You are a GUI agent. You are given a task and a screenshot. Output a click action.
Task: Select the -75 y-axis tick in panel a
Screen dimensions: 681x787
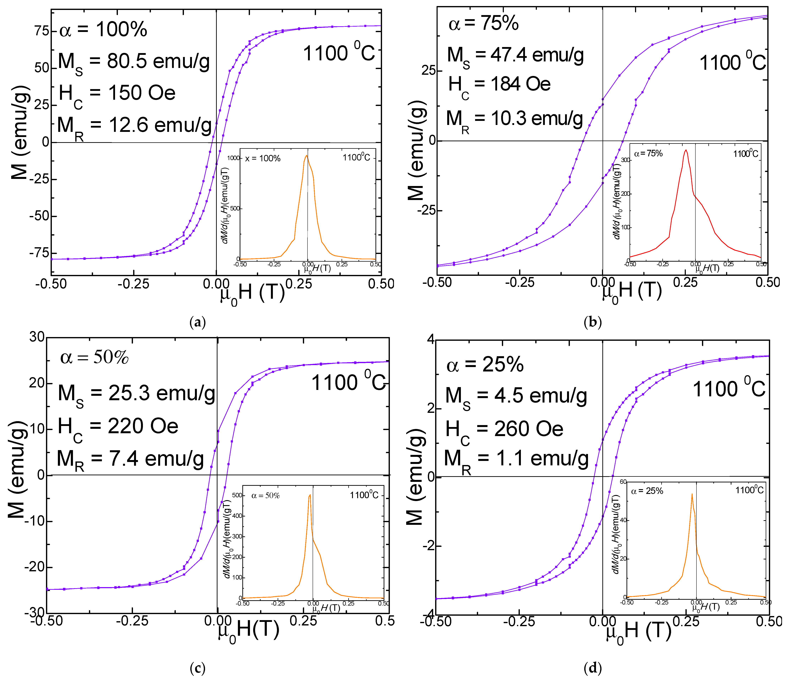(x=39, y=253)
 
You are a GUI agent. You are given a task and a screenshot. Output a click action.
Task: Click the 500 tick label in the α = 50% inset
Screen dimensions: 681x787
(x=237, y=495)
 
